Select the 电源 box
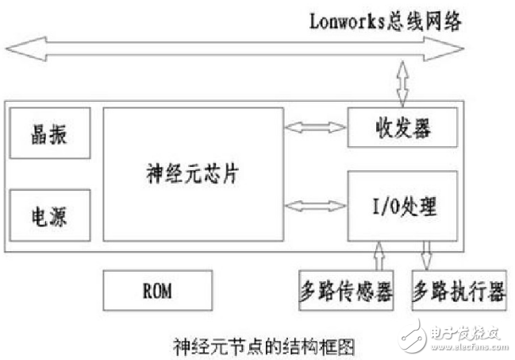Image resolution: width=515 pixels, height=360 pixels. tap(49, 215)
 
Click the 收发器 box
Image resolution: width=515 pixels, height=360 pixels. tap(402, 127)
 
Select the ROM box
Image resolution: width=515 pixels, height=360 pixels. tap(158, 291)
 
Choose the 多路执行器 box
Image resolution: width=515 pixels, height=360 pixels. tap(459, 292)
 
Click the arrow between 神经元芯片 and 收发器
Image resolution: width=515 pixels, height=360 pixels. tap(316, 126)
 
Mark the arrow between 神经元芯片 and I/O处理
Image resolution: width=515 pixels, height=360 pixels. tap(316, 207)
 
